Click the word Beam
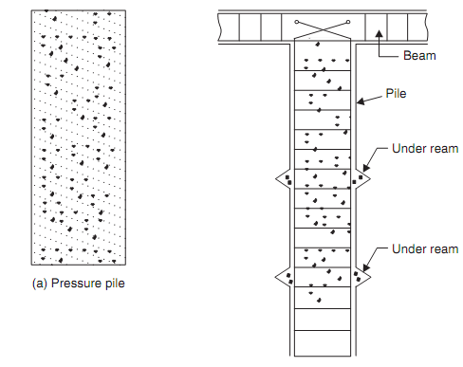tap(419, 56)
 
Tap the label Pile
tap(396, 94)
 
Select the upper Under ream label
tap(425, 149)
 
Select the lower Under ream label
tap(425, 249)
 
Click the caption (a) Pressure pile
tap(79, 284)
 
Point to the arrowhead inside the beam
tap(380, 33)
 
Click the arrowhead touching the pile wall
tap(361, 101)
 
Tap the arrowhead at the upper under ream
tap(365, 168)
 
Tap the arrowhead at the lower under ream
tap(365, 267)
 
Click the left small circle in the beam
tap(296, 22)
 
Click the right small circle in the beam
tap(348, 22)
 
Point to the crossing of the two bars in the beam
tap(323, 29)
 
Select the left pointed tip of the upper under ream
tap(276, 179)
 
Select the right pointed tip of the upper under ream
tap(370, 179)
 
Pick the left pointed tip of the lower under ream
tap(275, 277)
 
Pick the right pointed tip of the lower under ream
tap(370, 277)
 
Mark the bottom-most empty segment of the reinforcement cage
tap(323, 343)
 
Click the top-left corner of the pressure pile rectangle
tap(31, 10)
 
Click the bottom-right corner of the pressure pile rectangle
tap(125, 265)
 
